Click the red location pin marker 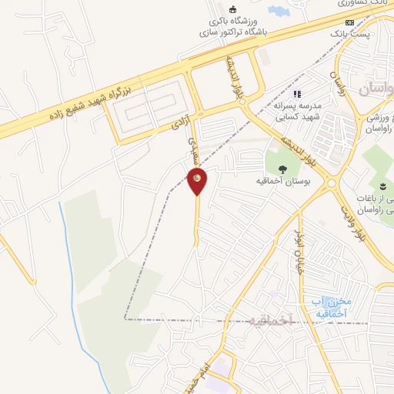click(197, 181)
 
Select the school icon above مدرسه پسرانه click(295, 94)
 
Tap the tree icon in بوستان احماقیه click(283, 170)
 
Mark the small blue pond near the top click(276, 11)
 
